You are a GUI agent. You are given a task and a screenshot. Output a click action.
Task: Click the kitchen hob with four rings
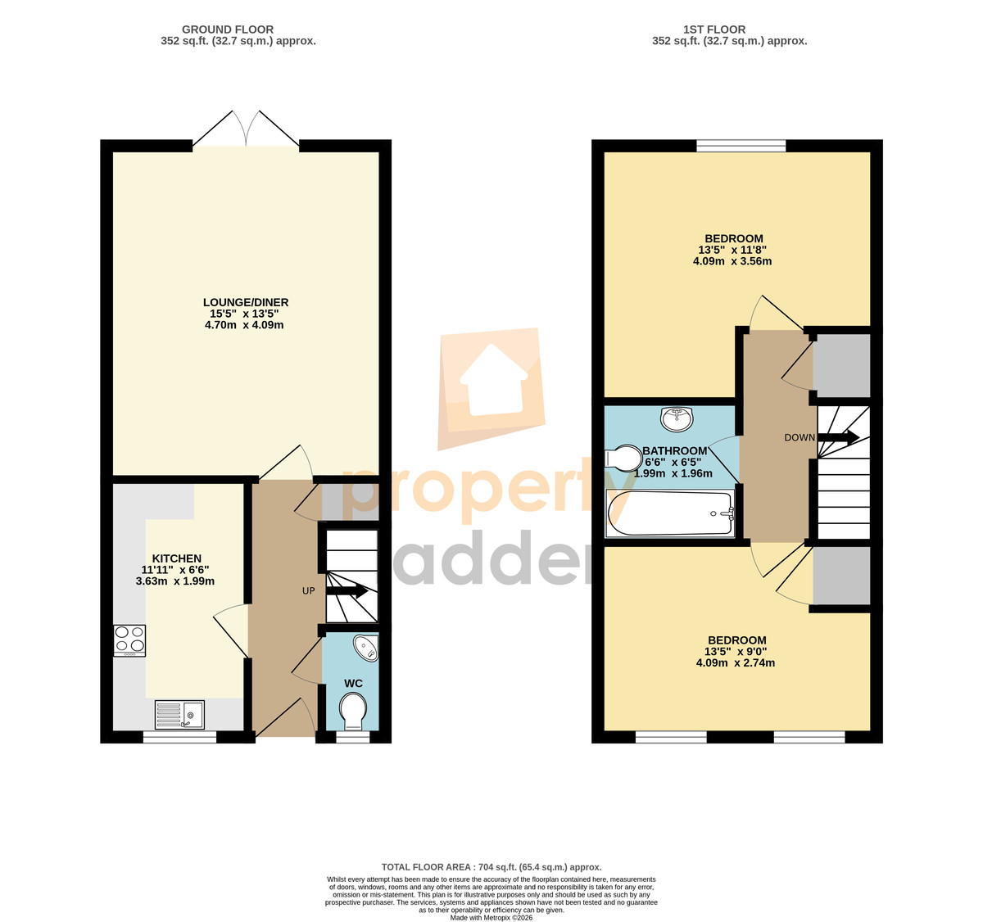tap(129, 641)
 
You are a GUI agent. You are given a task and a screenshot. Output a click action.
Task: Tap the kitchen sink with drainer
tap(179, 715)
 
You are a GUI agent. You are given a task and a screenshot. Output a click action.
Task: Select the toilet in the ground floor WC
tap(353, 712)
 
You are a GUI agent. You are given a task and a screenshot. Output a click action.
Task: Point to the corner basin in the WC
tap(367, 649)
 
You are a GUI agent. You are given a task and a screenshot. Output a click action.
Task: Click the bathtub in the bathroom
tap(670, 513)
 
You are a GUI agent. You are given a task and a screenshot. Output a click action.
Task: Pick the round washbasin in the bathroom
tap(677, 419)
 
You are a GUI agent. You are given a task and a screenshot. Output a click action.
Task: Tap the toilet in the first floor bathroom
tap(623, 458)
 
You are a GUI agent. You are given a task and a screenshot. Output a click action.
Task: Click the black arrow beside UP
tap(347, 591)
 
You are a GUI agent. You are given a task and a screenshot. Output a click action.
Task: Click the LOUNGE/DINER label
tap(246, 302)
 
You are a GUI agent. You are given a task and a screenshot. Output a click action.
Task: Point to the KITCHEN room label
tap(176, 558)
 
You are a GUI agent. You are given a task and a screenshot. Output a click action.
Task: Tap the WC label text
tap(353, 684)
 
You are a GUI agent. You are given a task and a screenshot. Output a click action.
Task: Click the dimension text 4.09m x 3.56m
tap(732, 261)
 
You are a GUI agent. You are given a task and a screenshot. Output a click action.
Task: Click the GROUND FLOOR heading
tap(228, 29)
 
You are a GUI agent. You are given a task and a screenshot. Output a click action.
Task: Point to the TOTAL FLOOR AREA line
tap(491, 867)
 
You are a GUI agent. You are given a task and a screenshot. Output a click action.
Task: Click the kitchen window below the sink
tap(179, 738)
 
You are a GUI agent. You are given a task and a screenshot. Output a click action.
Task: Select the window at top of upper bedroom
tap(741, 146)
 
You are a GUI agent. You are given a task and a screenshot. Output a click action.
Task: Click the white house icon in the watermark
tap(493, 380)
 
